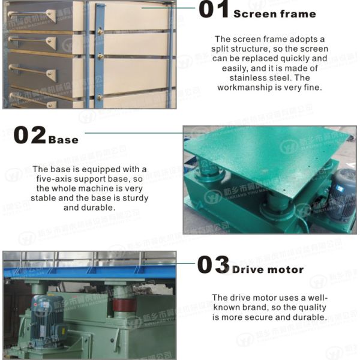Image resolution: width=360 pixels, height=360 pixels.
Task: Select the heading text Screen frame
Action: point(274,13)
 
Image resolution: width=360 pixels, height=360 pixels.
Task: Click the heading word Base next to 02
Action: point(63,139)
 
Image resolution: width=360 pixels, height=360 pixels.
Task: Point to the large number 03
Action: point(213,265)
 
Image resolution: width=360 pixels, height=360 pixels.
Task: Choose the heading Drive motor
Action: point(268,269)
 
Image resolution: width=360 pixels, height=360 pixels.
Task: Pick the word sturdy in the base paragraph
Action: point(135,197)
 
